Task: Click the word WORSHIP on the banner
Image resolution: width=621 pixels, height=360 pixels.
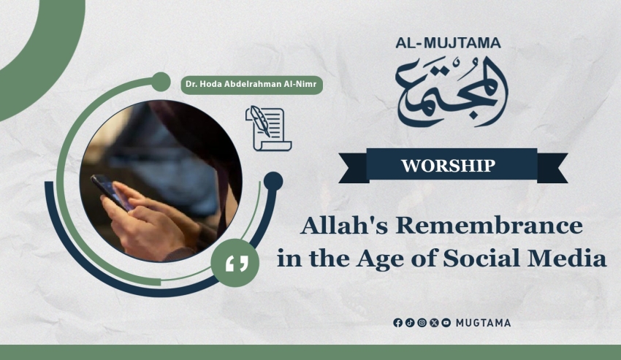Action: coord(449,166)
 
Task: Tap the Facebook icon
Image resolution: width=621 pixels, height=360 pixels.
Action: coord(398,323)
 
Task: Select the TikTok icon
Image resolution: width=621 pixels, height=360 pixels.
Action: coord(410,323)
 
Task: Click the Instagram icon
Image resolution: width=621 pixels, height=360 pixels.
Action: coord(422,323)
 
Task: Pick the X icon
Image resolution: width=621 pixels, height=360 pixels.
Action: coord(434,323)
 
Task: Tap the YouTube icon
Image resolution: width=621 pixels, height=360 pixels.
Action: coord(446,323)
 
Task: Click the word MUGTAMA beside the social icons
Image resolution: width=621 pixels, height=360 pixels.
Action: coord(483,323)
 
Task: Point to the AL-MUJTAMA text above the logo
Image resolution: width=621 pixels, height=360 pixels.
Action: coord(448,43)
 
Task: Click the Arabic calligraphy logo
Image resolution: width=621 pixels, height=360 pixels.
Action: coord(452,91)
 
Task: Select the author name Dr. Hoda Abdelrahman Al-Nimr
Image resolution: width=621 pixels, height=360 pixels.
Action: coord(252,85)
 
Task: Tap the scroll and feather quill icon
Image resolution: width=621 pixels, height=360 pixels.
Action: coord(269,129)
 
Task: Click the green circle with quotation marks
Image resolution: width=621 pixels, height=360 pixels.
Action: coord(235,263)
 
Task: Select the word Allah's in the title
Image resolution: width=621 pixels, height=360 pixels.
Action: coord(344,226)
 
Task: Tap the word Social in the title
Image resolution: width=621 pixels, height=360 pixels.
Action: coord(481,258)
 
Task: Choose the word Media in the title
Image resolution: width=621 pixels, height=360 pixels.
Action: coord(567,258)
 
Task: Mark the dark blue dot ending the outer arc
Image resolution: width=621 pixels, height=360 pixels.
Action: coord(273,181)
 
